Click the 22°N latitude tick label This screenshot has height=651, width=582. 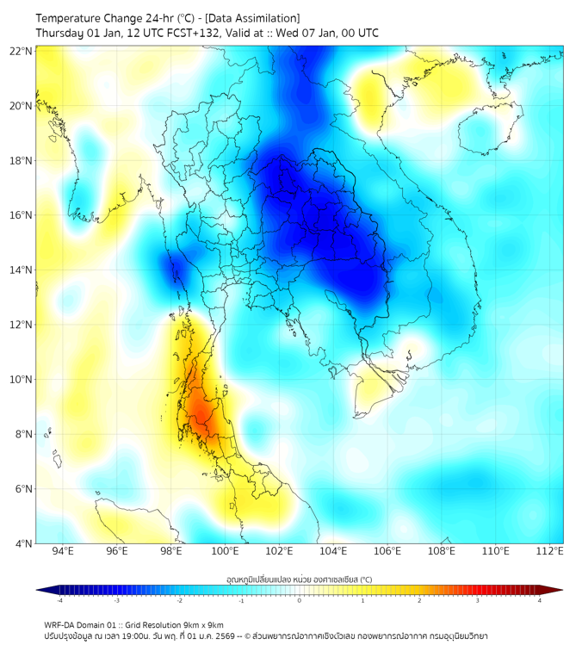22,52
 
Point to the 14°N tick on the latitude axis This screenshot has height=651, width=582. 22,270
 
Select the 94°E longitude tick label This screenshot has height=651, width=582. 63,551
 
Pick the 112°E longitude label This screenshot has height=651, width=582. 549,551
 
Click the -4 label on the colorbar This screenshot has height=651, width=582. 59,600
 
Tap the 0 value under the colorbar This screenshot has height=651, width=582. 300,600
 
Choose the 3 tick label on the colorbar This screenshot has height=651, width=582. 480,600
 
